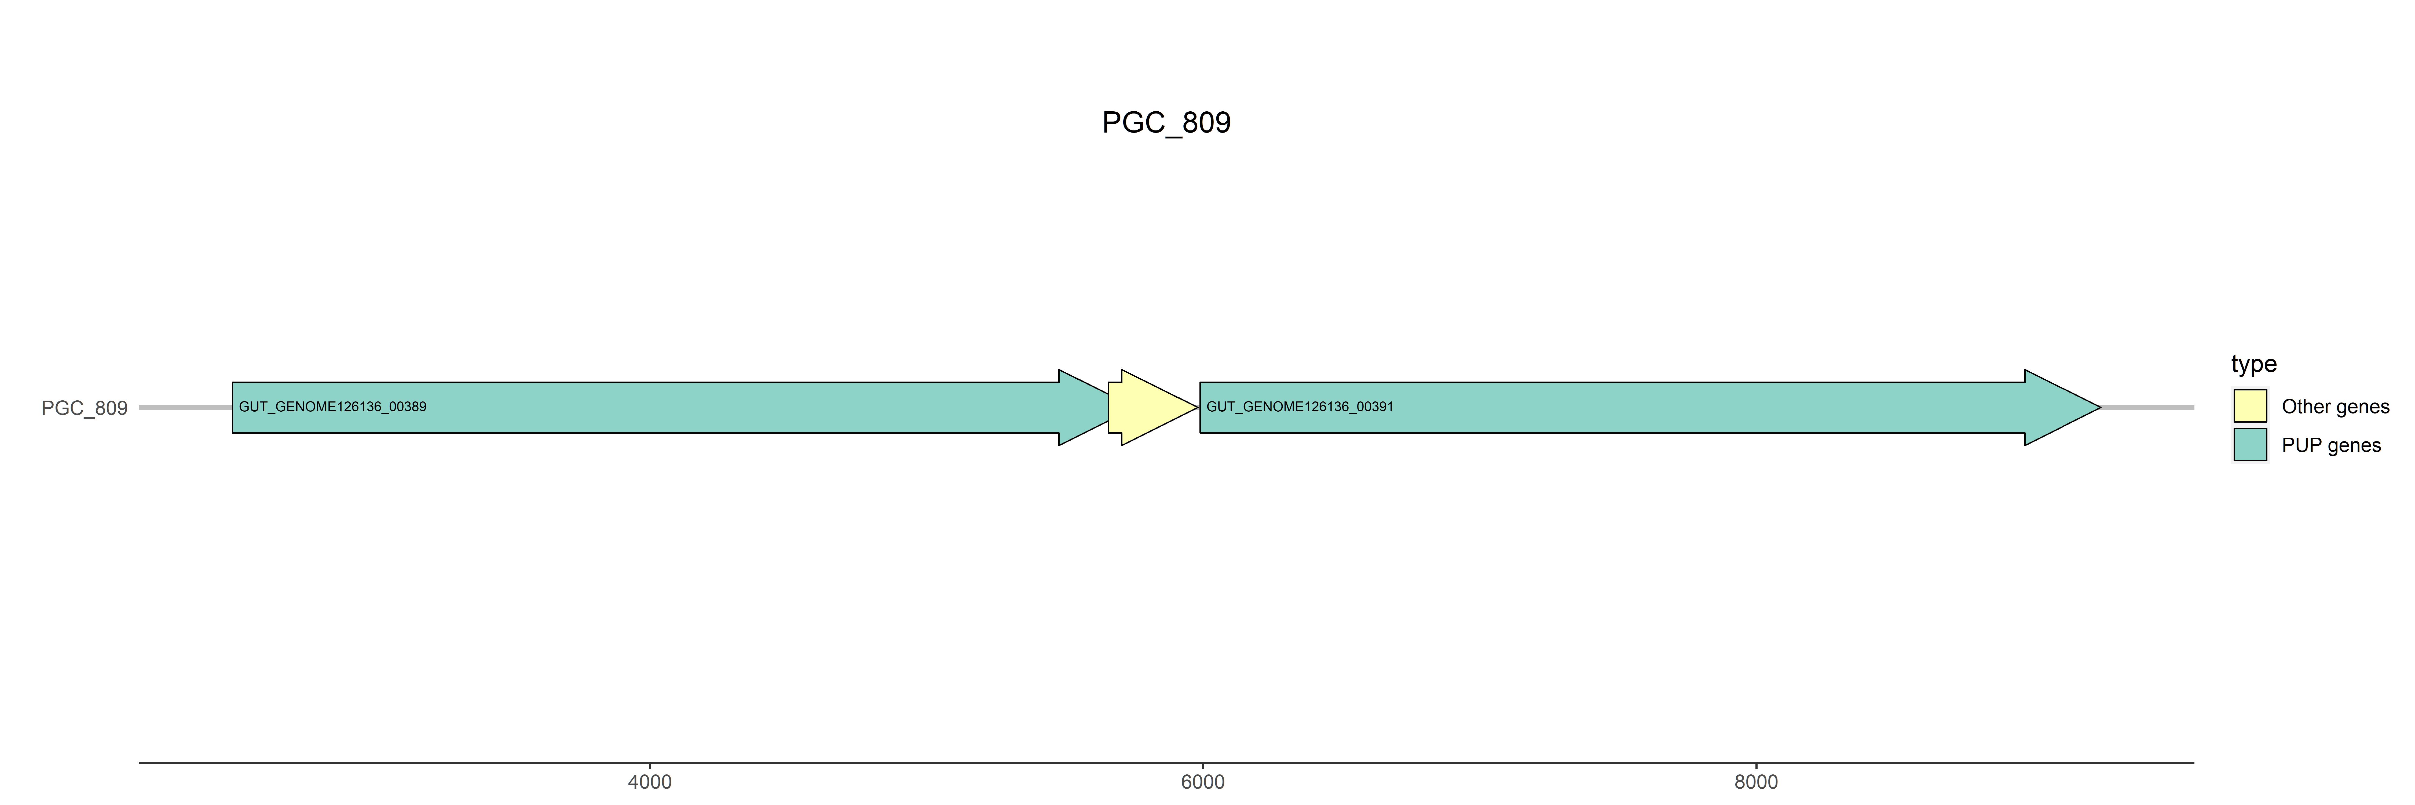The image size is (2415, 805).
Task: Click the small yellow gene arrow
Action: click(x=1151, y=408)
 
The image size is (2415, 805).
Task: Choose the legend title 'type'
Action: click(x=2254, y=364)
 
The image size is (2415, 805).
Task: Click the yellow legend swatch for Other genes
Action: click(x=2250, y=406)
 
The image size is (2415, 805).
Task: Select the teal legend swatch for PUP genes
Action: click(x=2250, y=444)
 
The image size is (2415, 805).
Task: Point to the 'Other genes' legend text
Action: click(x=2335, y=407)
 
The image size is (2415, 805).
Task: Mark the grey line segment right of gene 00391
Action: click(x=2147, y=408)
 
